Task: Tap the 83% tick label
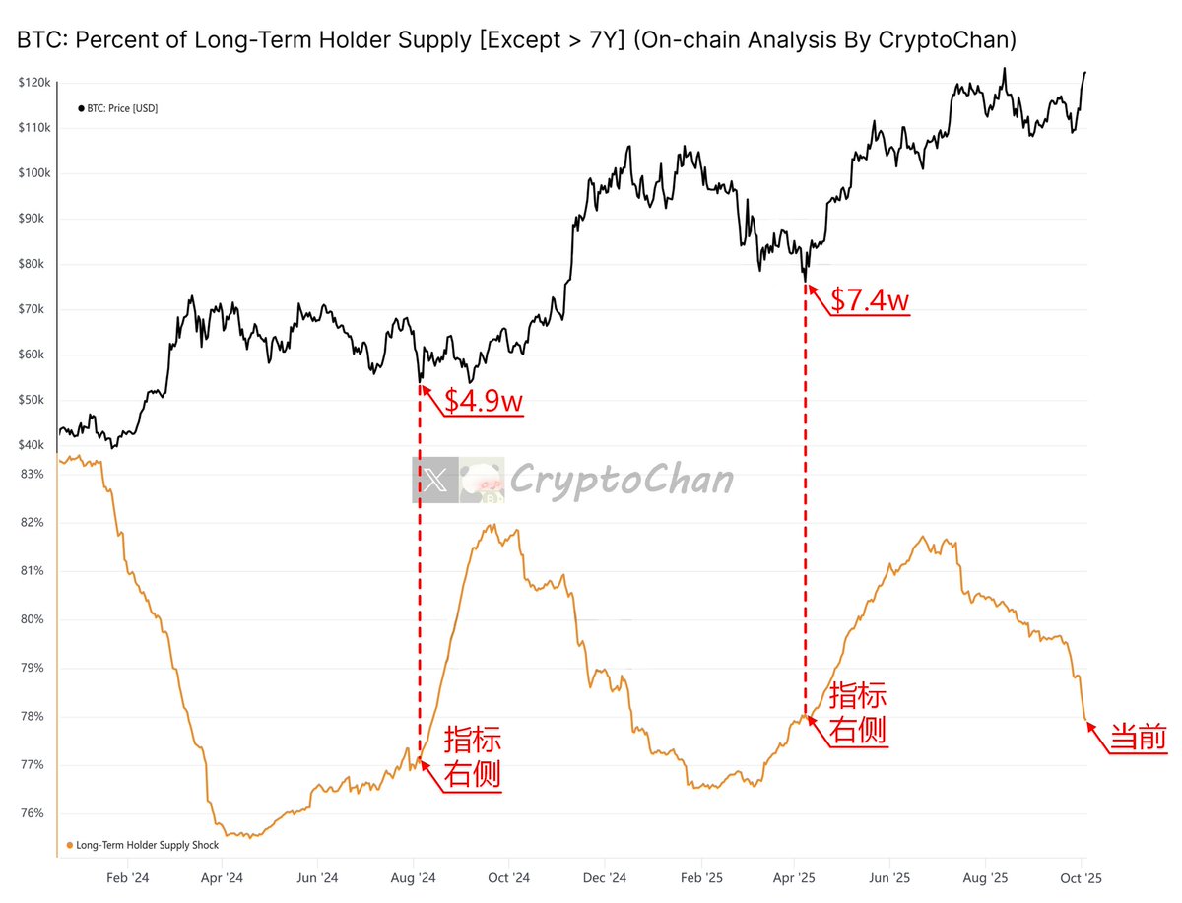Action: pos(33,475)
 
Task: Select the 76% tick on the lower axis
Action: pos(33,813)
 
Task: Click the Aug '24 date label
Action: pos(414,877)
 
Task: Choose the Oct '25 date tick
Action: pos(1082,877)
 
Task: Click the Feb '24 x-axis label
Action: pos(128,877)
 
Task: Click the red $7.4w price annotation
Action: pos(869,299)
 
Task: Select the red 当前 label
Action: pos(1139,739)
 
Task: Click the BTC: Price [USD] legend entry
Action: pos(117,108)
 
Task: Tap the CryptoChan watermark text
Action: pos(622,480)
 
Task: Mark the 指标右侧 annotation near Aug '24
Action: pos(473,756)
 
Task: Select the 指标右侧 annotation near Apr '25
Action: pos(858,713)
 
